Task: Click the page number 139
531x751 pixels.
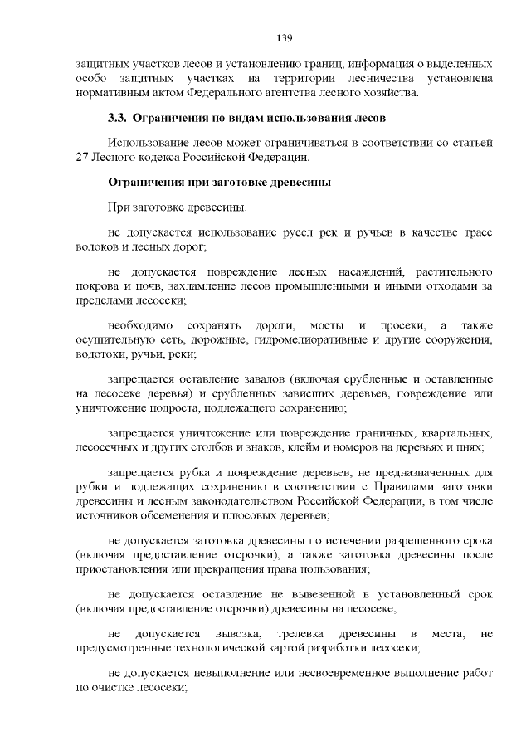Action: pyautogui.click(x=282, y=37)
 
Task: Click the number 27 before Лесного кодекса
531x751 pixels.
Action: pyautogui.click(x=81, y=156)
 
